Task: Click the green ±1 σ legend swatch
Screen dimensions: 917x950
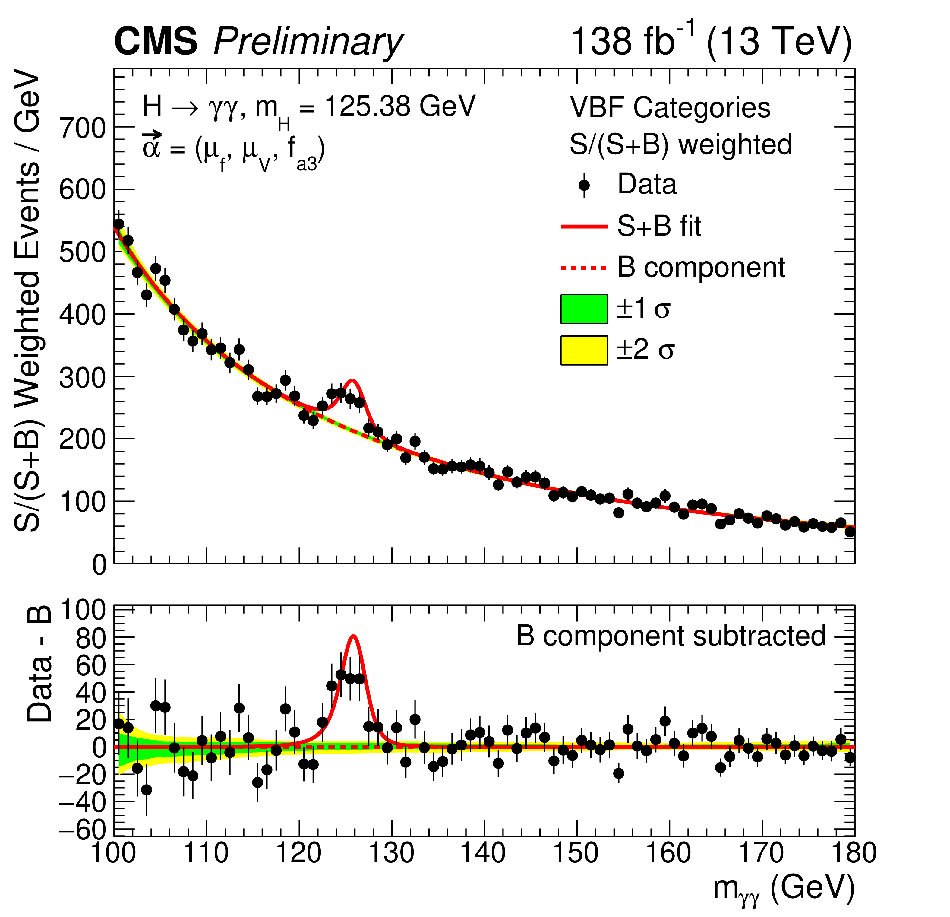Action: click(x=584, y=309)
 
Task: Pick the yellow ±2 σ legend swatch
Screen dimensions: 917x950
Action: click(x=584, y=350)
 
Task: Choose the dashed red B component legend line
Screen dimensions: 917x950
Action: click(x=584, y=268)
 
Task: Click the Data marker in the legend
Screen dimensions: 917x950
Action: click(x=584, y=185)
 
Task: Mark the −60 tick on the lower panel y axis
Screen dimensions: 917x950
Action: click(x=82, y=831)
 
